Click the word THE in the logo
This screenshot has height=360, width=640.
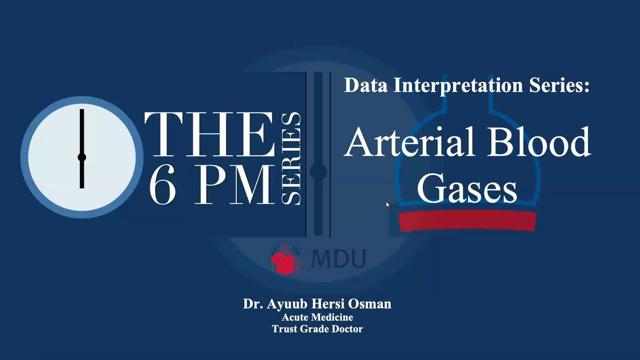210,134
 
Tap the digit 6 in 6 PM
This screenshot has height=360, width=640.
163,185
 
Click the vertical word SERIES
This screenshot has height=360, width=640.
291,158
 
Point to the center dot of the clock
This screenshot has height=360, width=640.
82,157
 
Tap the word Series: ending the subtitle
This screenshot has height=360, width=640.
559,85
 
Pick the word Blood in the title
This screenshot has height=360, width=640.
539,142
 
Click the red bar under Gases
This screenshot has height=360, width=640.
467,221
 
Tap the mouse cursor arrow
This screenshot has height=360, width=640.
387,205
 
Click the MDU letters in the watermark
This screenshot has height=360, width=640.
338,259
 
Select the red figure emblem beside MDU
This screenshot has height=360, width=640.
286,258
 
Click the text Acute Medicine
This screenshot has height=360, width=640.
317,317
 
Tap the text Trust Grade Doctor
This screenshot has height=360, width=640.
317,329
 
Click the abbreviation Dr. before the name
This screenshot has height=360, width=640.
253,303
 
